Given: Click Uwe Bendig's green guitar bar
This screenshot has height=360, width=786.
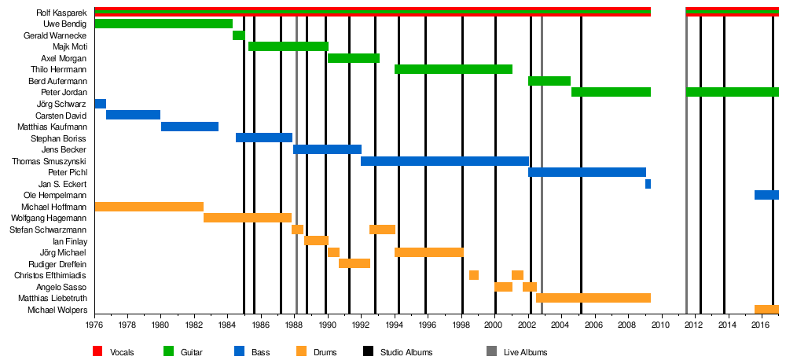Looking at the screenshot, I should point(163,24).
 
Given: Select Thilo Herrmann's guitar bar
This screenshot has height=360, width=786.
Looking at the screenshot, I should point(453,69).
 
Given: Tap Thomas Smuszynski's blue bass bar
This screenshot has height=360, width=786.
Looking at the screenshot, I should point(444,161).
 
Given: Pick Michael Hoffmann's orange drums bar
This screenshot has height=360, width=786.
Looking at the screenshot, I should point(149,207).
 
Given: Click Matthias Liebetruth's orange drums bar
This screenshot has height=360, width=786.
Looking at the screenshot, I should point(593,298).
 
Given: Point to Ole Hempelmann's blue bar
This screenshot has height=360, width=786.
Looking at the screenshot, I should point(766,195).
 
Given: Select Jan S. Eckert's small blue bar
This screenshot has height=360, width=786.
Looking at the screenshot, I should point(648,184).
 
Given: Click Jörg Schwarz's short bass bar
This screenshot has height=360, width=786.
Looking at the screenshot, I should point(100,104).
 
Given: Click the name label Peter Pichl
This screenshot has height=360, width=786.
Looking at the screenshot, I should point(68,172).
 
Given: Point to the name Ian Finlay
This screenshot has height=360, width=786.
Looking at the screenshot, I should point(69,241).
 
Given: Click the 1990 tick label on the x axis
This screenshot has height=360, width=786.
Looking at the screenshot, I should point(327,325).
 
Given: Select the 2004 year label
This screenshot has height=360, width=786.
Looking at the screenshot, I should point(560,325).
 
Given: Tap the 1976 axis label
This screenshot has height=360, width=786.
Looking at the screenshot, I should point(94,325).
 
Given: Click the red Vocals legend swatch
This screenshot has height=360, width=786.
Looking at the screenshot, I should point(97,351).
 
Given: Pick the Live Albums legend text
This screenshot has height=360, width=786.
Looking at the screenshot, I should point(525,352).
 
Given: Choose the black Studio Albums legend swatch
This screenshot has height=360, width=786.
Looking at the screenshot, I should point(367,351).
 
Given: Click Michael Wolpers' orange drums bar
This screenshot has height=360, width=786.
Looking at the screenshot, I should point(766,310).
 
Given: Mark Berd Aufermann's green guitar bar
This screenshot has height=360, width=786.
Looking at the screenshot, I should point(549,81).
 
